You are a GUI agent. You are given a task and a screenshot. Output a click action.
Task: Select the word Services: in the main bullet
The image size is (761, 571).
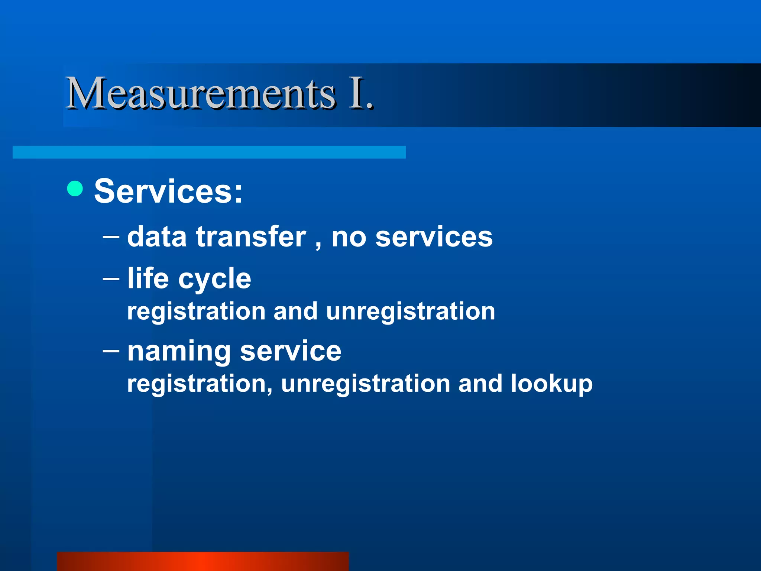click(168, 191)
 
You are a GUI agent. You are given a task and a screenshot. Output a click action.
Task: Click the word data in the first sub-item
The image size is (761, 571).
click(157, 237)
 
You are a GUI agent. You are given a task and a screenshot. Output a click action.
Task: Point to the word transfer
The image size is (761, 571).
click(251, 237)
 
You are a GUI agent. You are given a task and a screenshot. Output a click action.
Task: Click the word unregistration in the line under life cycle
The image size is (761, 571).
click(411, 312)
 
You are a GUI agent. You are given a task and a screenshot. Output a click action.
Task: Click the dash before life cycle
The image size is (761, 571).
click(111, 278)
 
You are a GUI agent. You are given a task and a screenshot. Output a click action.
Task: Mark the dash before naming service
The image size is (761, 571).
click(111, 350)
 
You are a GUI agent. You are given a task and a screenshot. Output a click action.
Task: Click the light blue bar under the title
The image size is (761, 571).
click(209, 152)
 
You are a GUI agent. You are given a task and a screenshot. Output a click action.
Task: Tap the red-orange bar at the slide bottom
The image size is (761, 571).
click(203, 561)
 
